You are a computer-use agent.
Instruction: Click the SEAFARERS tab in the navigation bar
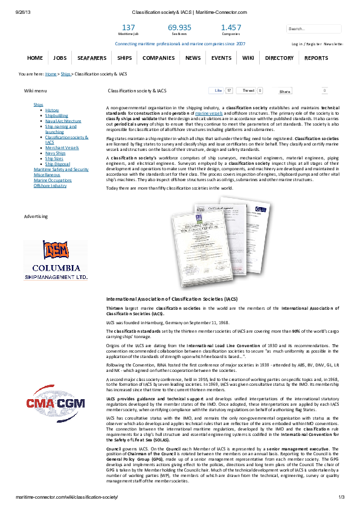(x=92, y=58)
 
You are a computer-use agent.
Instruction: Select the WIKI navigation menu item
(x=248, y=58)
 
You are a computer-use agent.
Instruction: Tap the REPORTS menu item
(x=316, y=58)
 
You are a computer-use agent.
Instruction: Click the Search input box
(x=313, y=28)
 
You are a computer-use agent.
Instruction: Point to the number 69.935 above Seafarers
(x=179, y=28)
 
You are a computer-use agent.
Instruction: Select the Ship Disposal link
(x=57, y=164)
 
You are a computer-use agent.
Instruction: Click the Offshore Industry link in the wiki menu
(x=50, y=185)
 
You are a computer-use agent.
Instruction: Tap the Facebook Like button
(x=218, y=91)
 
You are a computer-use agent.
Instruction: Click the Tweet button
(x=248, y=91)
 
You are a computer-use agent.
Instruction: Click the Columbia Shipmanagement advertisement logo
(x=56, y=260)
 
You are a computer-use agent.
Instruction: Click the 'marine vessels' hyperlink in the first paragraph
(x=208, y=113)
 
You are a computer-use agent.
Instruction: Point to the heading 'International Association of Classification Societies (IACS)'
(x=172, y=299)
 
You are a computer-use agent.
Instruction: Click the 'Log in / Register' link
(x=306, y=44)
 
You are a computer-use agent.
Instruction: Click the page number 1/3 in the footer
(x=341, y=496)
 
